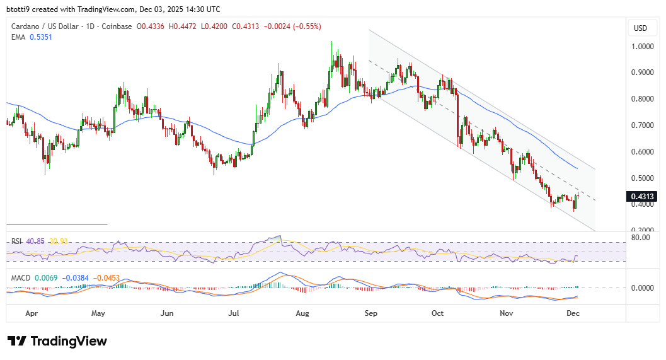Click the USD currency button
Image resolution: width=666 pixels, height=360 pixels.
[640, 28]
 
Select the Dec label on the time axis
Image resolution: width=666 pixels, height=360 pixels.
[573, 313]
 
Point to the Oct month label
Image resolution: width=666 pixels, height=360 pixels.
[438, 313]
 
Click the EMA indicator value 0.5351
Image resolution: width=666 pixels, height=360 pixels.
[43, 38]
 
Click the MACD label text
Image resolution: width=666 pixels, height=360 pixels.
[21, 277]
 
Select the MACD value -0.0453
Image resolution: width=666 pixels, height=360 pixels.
[107, 277]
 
